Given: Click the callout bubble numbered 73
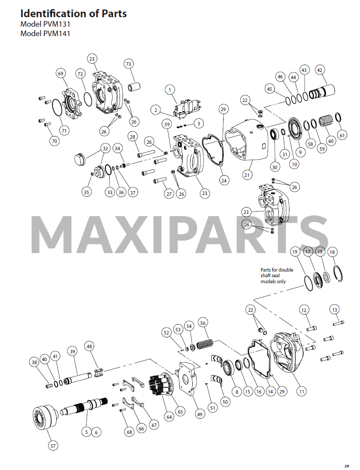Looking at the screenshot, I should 129,64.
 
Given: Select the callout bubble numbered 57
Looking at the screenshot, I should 53,446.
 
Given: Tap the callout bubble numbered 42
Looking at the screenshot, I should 320,70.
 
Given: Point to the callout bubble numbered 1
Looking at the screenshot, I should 170,90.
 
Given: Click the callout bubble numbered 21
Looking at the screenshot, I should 247,175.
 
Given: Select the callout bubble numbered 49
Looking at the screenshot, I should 199,414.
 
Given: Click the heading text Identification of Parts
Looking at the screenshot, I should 74,14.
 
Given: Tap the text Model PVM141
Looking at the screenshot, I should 46,33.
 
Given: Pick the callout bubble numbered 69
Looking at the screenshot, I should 61,74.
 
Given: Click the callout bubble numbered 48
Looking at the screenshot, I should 89,346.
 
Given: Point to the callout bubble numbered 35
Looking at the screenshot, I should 87,192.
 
